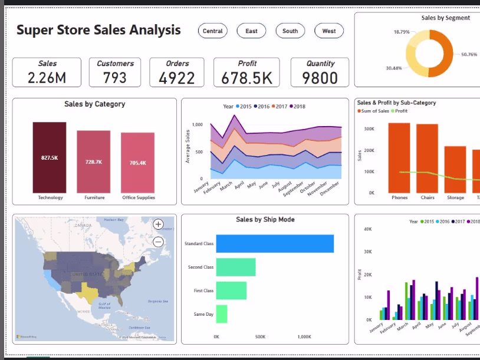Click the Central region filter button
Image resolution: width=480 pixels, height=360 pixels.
tap(212, 31)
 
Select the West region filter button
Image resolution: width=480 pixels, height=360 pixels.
tap(329, 31)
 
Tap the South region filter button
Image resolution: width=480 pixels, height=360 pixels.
tap(290, 31)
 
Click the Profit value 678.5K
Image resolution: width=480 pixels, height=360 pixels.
tap(246, 78)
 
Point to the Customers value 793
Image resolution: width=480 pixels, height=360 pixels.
tap(114, 78)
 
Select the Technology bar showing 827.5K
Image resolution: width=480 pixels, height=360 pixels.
tap(50, 157)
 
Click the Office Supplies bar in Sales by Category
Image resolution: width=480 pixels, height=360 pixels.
tap(137, 163)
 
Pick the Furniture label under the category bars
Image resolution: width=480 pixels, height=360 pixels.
tap(94, 197)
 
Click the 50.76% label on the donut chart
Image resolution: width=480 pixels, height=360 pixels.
tap(469, 54)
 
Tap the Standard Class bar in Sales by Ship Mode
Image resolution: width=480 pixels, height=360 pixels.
tap(275, 243)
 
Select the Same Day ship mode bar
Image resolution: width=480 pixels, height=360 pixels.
tap(222, 313)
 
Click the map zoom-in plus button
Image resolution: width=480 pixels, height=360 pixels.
tap(158, 224)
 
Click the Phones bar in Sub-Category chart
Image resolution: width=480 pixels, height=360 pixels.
tap(399, 157)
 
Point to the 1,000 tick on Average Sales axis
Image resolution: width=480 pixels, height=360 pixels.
tap(197, 125)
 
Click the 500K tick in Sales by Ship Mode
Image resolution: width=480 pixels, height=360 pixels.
tap(260, 337)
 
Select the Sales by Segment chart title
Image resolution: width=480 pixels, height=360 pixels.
tap(445, 18)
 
